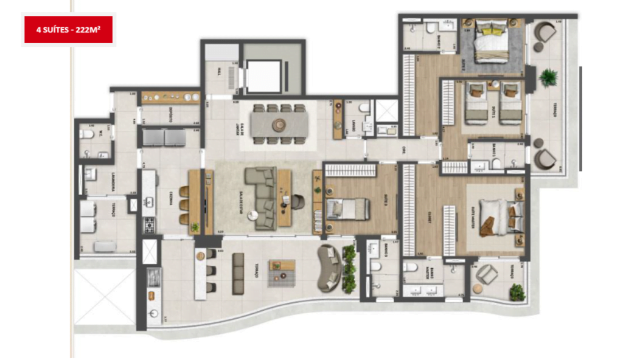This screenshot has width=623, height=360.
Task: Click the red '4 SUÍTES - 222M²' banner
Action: point(68,29)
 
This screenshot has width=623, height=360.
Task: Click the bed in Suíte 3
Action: point(347,209)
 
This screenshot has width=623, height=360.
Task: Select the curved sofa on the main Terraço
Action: point(331,268)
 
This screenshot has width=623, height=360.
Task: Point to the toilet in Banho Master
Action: point(411,268)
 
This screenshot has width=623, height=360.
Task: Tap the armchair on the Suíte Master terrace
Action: point(487,274)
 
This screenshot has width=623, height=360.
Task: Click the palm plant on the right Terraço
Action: point(548,77)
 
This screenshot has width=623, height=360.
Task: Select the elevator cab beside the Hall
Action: point(263,76)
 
